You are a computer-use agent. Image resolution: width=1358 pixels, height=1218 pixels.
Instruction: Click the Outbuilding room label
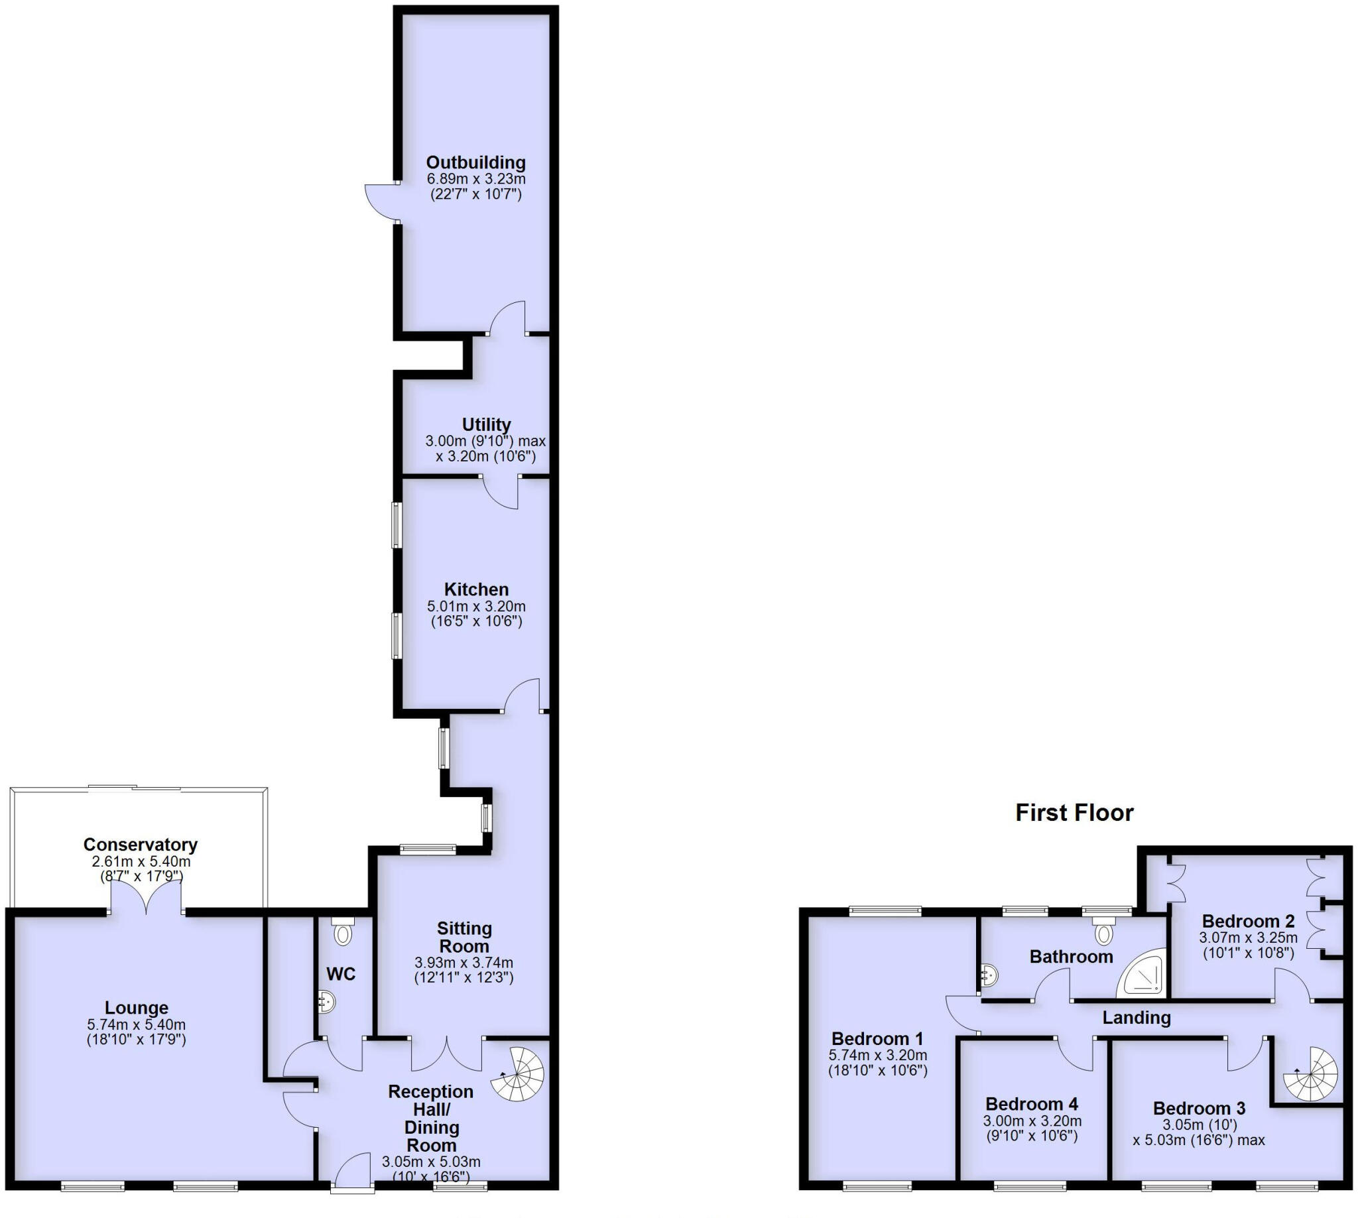(x=475, y=162)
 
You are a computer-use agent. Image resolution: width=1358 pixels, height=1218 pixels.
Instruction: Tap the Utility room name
(x=486, y=425)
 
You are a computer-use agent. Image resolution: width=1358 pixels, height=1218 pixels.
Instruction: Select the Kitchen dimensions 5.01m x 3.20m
(x=476, y=606)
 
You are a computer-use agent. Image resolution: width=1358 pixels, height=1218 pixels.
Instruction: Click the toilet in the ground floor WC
(x=342, y=932)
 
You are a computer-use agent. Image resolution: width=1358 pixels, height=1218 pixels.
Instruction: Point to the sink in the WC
(x=327, y=1002)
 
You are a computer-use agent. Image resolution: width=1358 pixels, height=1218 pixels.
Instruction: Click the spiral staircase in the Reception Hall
(x=518, y=1075)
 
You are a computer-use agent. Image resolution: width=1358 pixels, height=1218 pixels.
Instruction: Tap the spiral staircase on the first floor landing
(x=1309, y=1074)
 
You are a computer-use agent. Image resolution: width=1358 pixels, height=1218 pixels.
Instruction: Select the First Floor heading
(x=1074, y=812)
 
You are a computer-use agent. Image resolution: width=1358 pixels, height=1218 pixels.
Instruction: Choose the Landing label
(x=1136, y=1018)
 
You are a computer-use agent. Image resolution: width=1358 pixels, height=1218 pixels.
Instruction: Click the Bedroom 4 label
(x=1031, y=1104)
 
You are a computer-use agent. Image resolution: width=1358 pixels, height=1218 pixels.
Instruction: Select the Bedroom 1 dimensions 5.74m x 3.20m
(x=877, y=1056)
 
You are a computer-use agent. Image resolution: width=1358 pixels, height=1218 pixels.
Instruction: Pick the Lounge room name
(x=137, y=1007)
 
